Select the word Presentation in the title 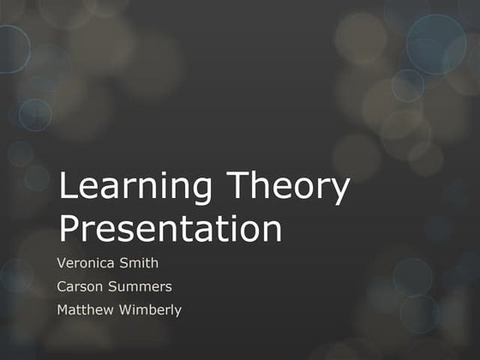[x=171, y=229]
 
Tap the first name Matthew [x=84, y=310]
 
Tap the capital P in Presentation [x=69, y=228]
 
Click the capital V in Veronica [x=61, y=262]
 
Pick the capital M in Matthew [x=63, y=310]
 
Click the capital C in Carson [x=62, y=286]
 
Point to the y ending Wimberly [x=178, y=313]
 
